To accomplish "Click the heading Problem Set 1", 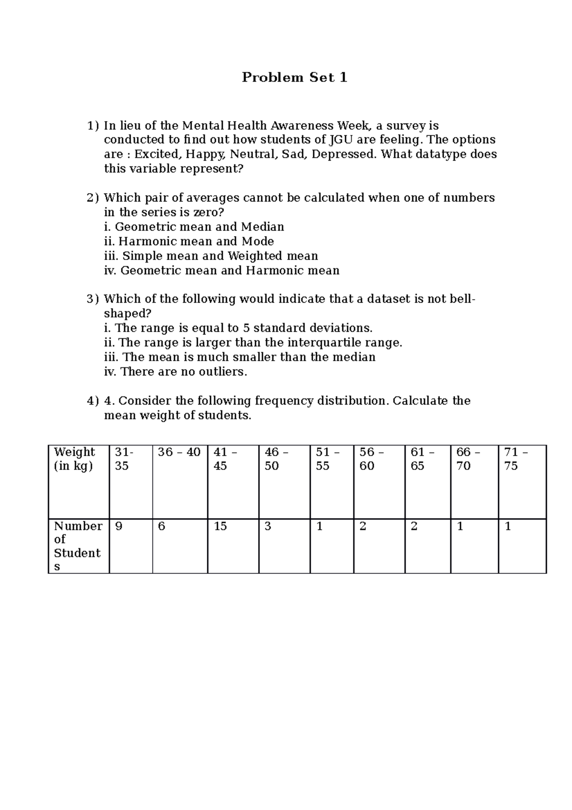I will pyautogui.click(x=294, y=77).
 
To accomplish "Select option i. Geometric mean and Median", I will pyautogui.click(x=194, y=227).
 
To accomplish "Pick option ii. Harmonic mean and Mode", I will pyautogui.click(x=189, y=241).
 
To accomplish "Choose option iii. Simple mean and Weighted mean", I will pyautogui.click(x=211, y=256).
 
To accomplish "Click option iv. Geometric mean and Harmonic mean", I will pyautogui.click(x=222, y=271).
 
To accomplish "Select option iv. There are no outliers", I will pyautogui.click(x=175, y=372).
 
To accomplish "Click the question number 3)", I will pyautogui.click(x=92, y=299).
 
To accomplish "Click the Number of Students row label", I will pyautogui.click(x=77, y=546).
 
